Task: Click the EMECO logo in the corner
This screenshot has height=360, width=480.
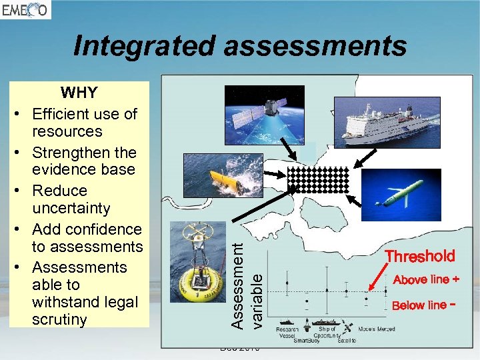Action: point(25,10)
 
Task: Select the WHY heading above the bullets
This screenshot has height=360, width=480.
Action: point(79,93)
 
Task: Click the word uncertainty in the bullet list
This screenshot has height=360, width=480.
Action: point(71,209)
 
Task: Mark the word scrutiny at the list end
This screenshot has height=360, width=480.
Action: point(59,319)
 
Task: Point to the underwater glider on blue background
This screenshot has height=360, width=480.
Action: point(407,193)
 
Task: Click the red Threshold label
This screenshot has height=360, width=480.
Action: point(420,256)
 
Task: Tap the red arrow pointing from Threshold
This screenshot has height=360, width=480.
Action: point(381,278)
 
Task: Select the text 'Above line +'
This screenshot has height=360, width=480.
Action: point(426,279)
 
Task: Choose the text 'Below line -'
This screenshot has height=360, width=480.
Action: point(425,305)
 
